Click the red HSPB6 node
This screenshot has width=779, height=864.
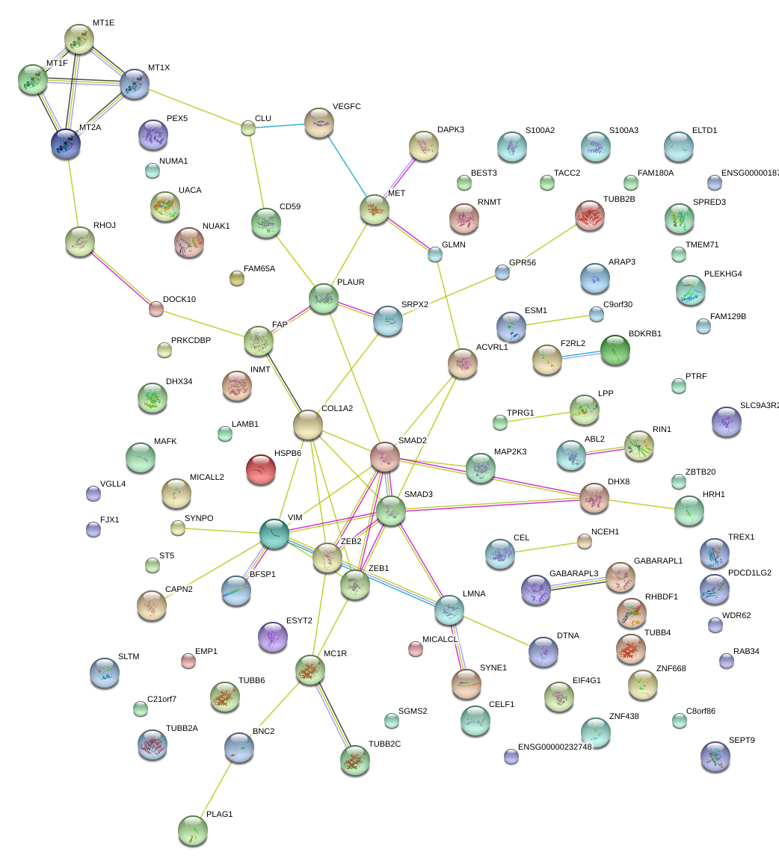(x=261, y=469)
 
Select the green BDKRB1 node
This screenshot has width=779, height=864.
(x=615, y=349)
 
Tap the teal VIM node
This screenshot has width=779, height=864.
(x=274, y=534)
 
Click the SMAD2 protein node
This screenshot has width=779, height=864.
(x=385, y=456)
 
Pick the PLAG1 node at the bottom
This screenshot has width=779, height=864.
(x=193, y=829)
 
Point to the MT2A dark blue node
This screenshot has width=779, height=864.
(x=67, y=143)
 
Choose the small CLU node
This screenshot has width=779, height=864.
(x=247, y=129)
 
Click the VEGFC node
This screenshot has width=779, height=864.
(x=319, y=123)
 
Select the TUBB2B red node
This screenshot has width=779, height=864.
(x=590, y=215)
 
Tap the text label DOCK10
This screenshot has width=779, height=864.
(x=179, y=300)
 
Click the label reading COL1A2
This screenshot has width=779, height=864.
(x=337, y=409)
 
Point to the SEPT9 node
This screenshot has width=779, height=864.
(x=715, y=756)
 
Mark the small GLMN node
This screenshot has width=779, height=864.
(x=435, y=254)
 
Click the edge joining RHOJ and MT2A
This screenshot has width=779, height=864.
(x=73, y=191)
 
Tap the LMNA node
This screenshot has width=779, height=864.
(x=449, y=610)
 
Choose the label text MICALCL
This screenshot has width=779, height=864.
(x=440, y=640)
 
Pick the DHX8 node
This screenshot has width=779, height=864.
(x=594, y=498)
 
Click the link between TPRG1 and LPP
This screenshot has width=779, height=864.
(x=541, y=416)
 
